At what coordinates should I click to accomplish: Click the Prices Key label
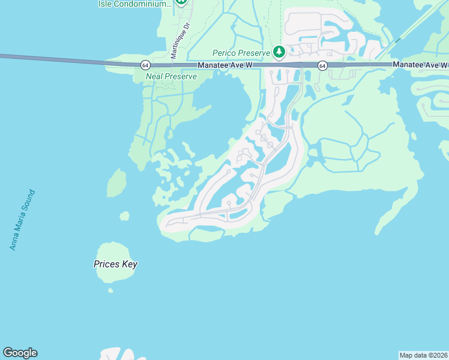(x=116, y=264)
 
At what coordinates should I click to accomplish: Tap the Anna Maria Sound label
(x=23, y=220)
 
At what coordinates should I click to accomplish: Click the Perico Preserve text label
(x=241, y=52)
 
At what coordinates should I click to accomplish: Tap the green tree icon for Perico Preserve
(x=279, y=53)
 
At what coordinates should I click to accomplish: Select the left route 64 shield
(x=145, y=65)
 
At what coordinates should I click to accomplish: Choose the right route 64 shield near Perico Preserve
(x=322, y=65)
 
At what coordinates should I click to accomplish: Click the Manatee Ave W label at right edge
(x=420, y=64)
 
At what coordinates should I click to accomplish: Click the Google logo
(x=20, y=353)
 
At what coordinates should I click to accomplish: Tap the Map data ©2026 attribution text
(x=423, y=355)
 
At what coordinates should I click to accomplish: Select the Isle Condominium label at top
(x=134, y=4)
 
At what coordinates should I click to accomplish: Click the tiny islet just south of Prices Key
(x=110, y=291)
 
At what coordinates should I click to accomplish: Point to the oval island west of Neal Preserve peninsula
(x=116, y=183)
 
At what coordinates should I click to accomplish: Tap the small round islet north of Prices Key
(x=124, y=216)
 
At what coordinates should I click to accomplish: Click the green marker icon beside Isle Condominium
(x=182, y=2)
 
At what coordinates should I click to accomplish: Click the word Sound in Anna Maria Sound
(x=29, y=201)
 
